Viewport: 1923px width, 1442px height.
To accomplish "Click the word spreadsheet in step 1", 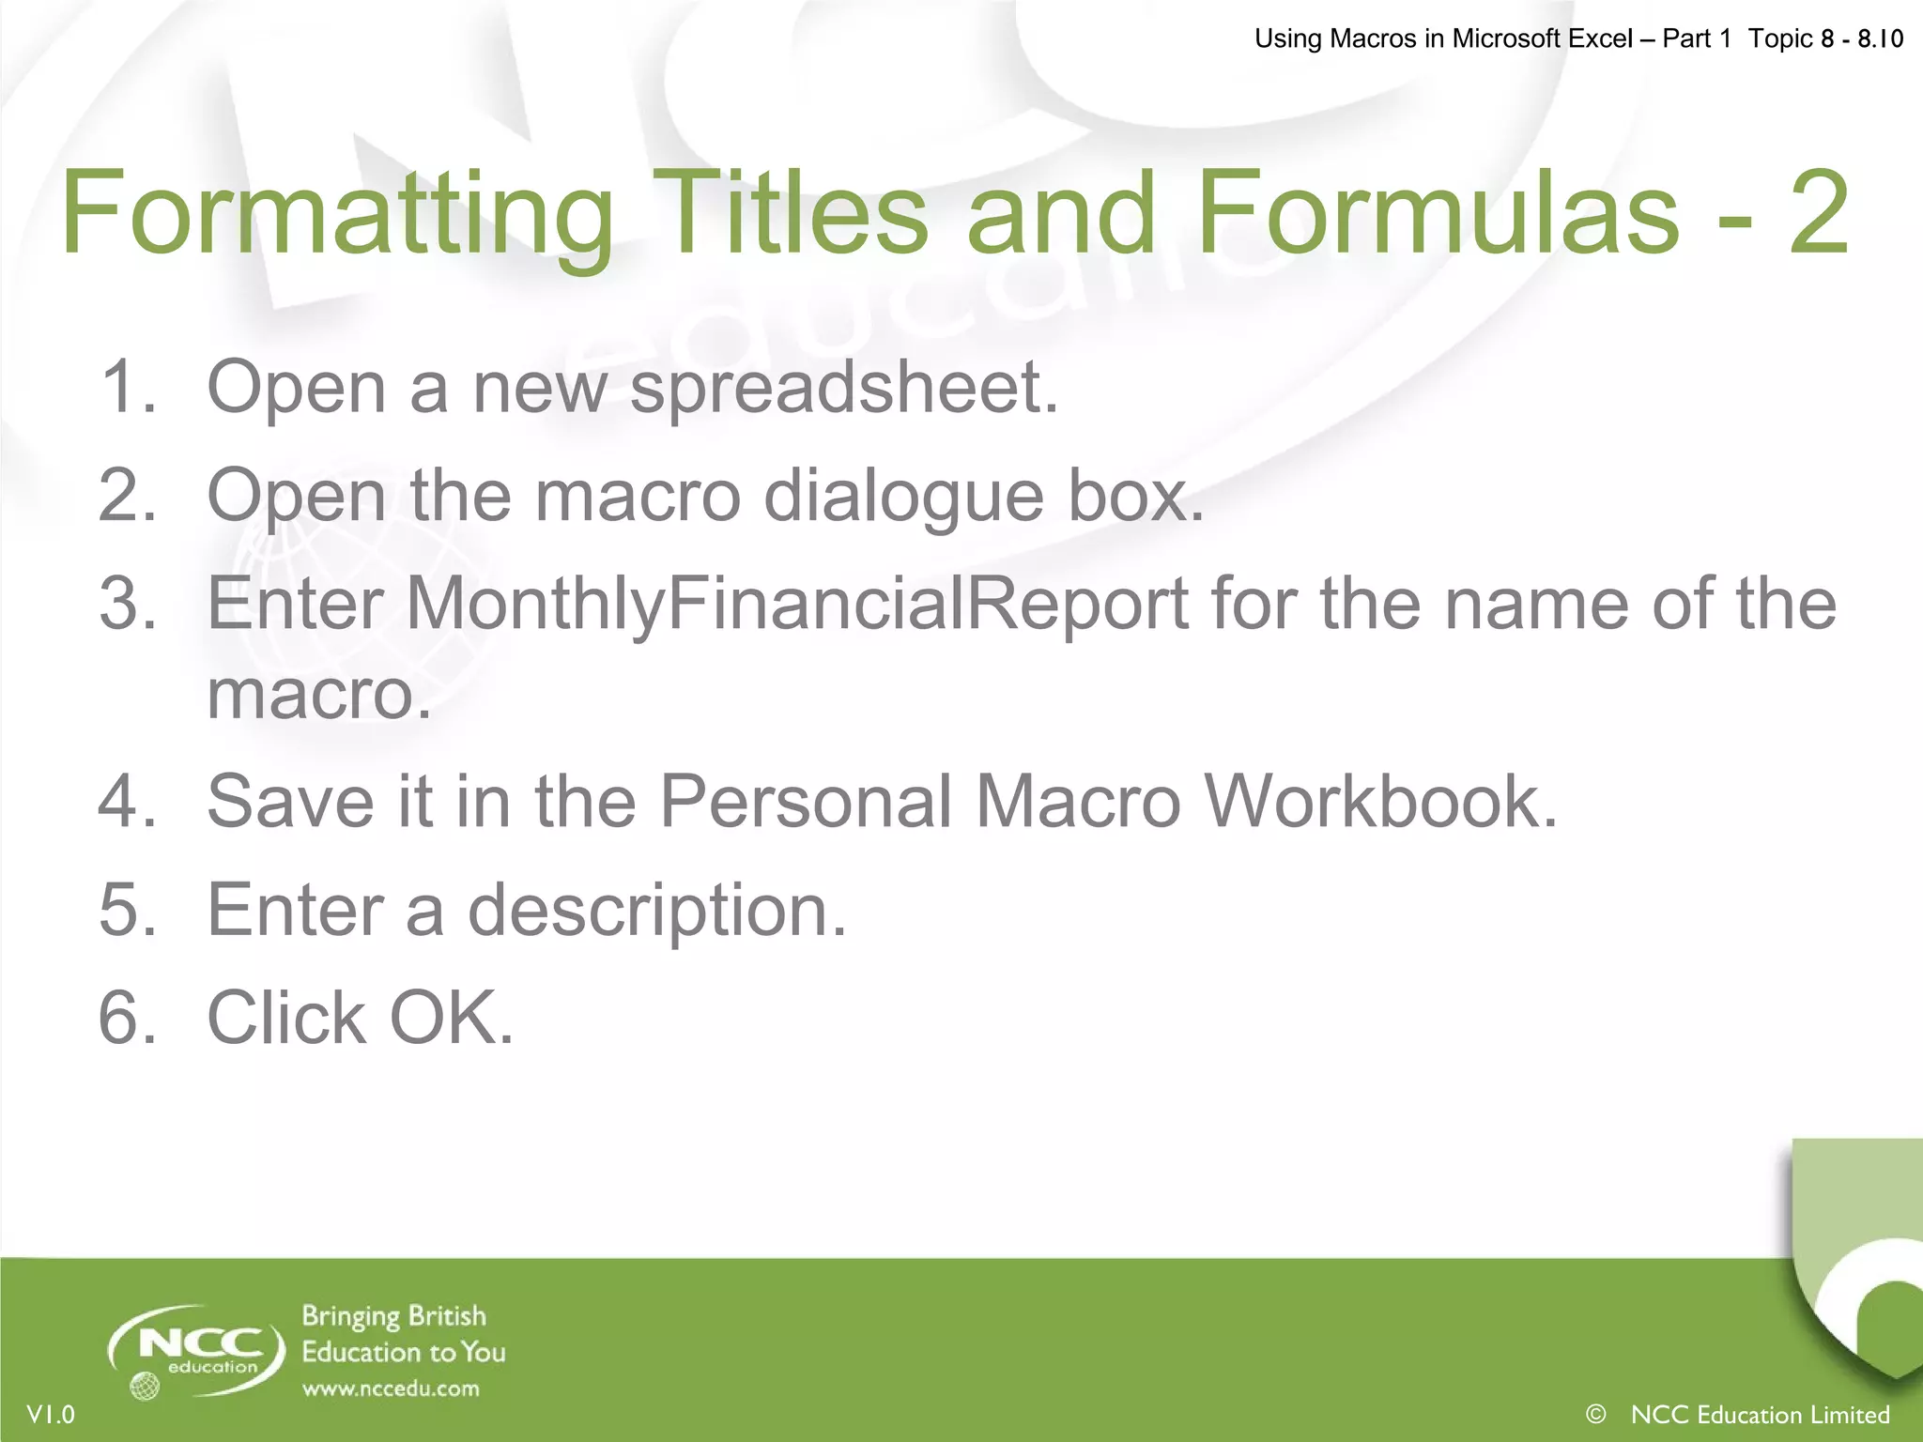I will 843,387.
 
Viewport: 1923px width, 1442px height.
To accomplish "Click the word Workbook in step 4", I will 1380,801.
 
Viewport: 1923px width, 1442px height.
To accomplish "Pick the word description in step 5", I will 657,910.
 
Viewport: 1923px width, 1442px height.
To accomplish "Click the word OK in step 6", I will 452,1018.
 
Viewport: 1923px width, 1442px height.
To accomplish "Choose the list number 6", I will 127,1018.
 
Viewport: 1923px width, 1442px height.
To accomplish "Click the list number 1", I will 127,387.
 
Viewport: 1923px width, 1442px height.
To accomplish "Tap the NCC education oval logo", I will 197,1348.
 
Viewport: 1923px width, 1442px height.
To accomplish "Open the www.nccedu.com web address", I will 391,1388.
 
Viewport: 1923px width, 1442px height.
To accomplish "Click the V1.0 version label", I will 51,1414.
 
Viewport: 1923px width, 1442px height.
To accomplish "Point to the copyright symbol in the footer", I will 1595,1413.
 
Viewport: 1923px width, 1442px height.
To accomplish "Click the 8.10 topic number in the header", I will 1880,38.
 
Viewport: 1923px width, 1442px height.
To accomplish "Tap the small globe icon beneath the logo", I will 145,1386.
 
